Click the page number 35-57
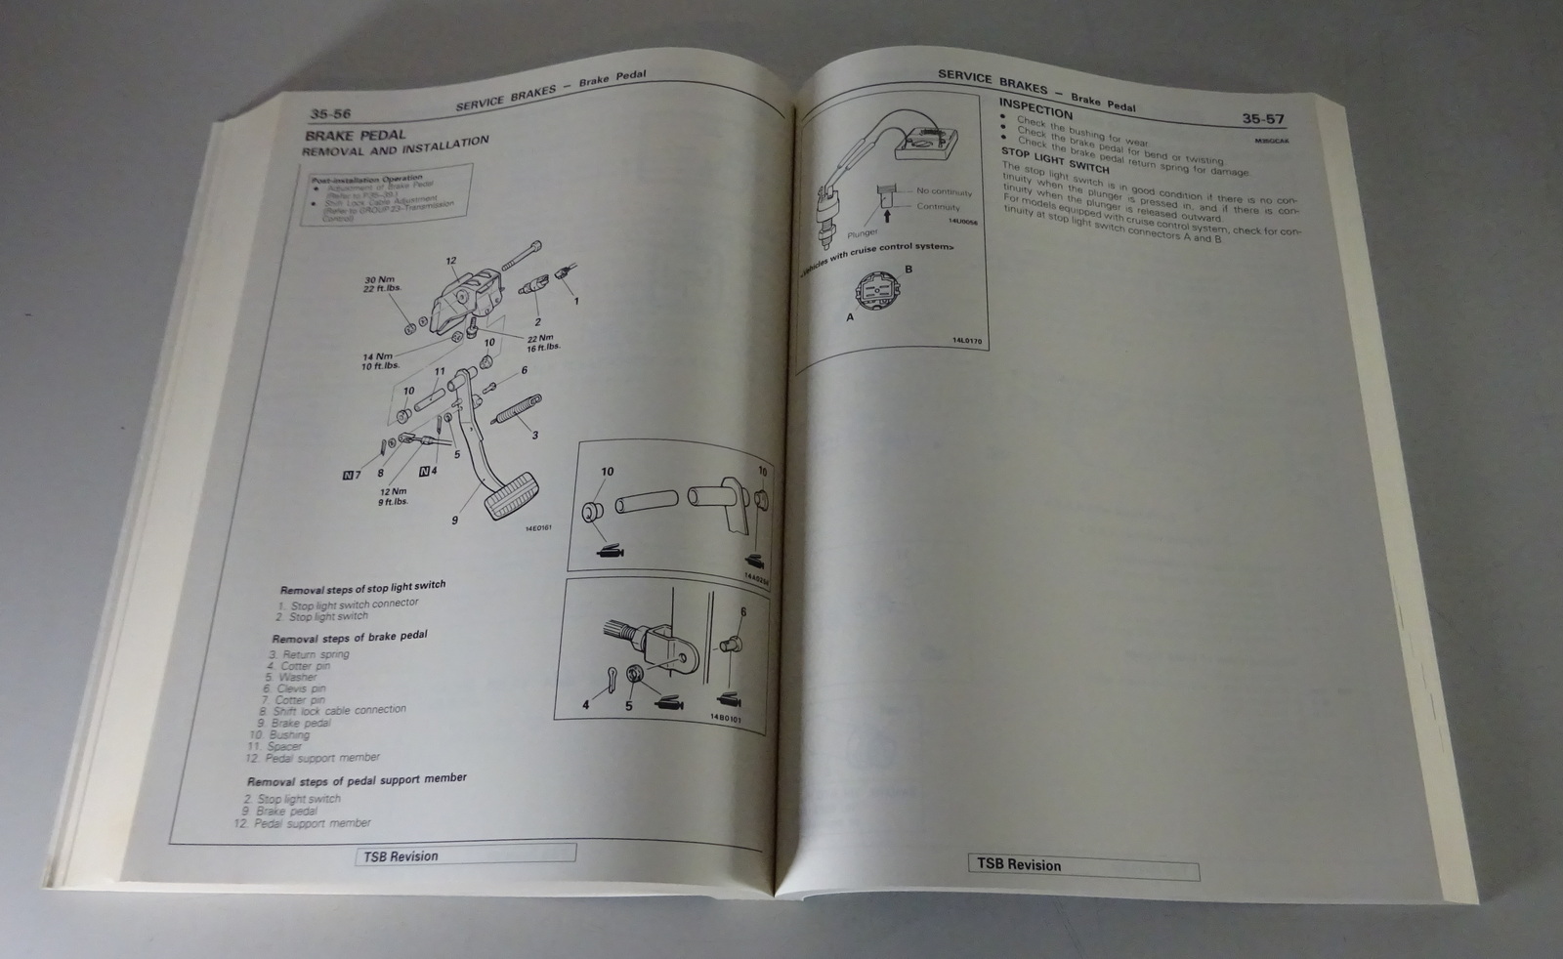click(1262, 119)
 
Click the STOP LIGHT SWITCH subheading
click(1055, 159)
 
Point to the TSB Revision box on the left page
click(464, 855)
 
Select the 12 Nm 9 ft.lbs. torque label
click(394, 496)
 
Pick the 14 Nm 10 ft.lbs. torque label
click(377, 361)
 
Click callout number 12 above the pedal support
click(450, 261)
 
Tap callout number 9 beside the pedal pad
click(454, 521)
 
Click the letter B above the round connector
click(908, 269)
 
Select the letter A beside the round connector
click(850, 317)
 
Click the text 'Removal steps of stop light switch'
click(362, 588)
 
